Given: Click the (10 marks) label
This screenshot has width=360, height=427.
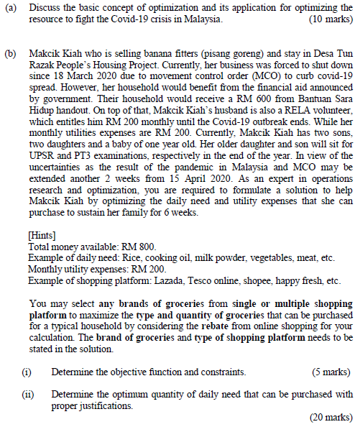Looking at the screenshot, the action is click(x=329, y=19).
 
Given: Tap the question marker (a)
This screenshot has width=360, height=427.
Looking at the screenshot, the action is click(x=11, y=7).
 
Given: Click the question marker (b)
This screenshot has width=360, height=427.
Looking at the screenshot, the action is click(x=11, y=53).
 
